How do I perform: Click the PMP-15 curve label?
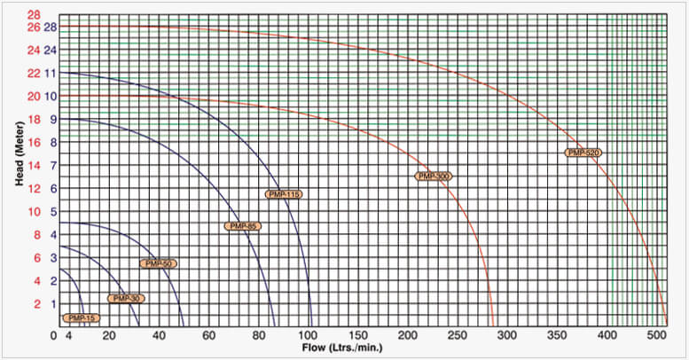point(81,317)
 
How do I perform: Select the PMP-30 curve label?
point(125,299)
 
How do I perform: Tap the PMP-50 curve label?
point(159,263)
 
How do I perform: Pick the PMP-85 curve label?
point(243,226)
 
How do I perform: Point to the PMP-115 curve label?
point(284,193)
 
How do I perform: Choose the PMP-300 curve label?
point(434,176)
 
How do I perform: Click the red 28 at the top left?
point(34,15)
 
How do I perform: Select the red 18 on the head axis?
point(34,119)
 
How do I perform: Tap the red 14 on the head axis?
point(34,165)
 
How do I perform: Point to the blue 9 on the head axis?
point(52,119)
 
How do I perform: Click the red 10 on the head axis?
point(34,211)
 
